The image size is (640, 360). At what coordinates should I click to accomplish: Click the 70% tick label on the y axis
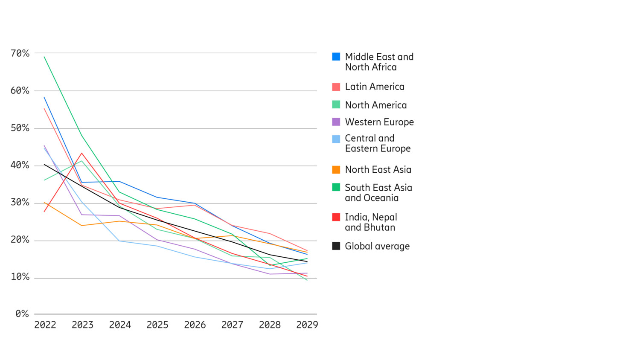point(20,53)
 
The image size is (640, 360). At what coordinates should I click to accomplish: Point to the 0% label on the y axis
point(22,314)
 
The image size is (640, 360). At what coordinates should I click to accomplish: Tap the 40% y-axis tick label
point(20,165)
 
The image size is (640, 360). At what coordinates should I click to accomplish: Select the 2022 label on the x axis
point(45,325)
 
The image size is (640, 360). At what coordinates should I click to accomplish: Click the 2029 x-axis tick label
point(307,325)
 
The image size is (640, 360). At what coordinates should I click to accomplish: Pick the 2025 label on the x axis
point(157,325)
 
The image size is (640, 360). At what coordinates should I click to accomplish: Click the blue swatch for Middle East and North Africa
point(336,57)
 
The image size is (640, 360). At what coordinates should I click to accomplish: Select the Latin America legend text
point(374,87)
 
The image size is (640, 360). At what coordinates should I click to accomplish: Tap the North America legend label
point(375,105)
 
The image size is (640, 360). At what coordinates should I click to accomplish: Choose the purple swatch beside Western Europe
point(336,122)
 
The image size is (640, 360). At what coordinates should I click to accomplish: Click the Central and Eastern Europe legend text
point(378,143)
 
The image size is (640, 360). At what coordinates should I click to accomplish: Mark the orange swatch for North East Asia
point(336,170)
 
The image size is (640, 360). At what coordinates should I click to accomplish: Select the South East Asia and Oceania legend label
point(378,193)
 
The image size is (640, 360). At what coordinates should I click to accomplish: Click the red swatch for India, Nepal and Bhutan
point(336,217)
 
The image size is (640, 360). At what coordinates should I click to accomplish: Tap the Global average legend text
point(377,246)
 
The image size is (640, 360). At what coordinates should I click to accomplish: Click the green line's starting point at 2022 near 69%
point(44,57)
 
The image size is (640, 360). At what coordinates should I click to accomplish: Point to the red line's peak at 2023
point(81,153)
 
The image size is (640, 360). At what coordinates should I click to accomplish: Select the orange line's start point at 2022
point(44,203)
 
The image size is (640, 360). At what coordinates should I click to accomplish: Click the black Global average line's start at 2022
point(44,164)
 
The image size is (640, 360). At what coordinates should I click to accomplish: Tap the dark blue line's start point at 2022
point(44,97)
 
